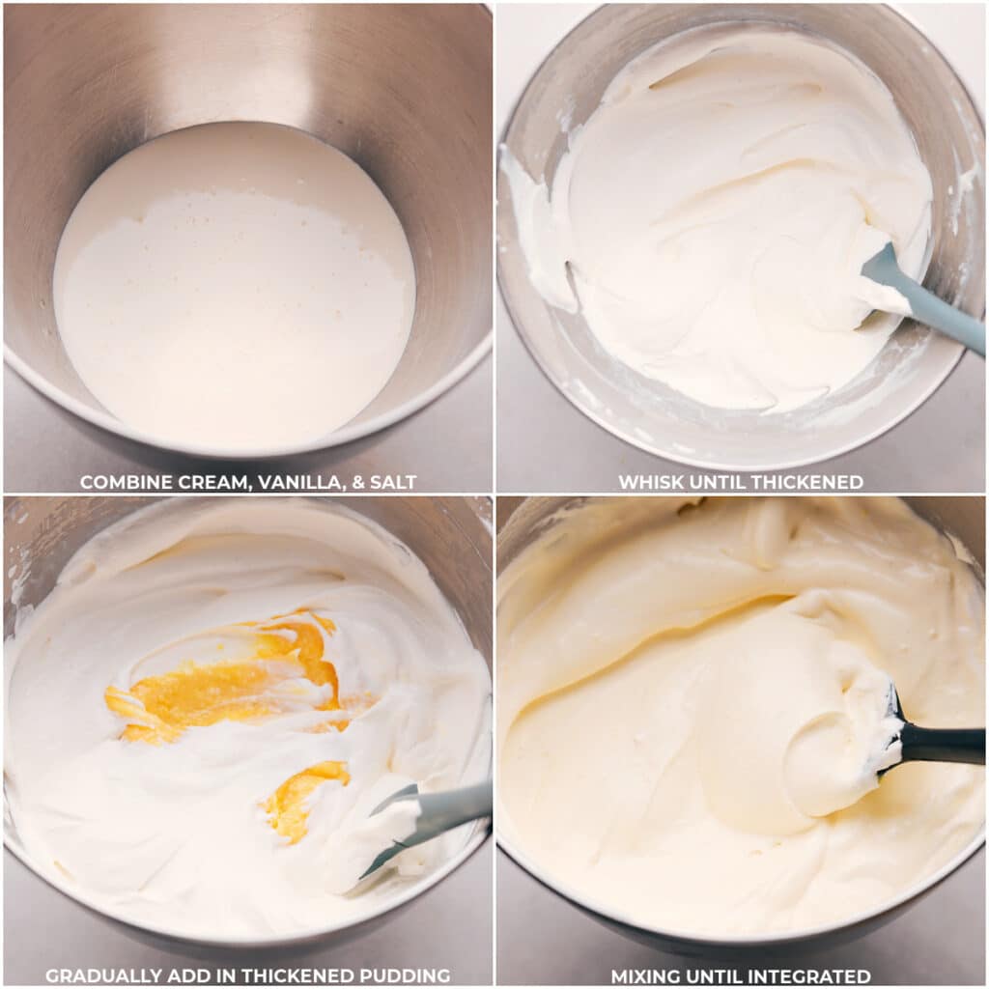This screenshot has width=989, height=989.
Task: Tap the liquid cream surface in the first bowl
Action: pyautogui.click(x=232, y=290)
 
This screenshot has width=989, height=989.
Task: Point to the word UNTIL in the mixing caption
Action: pyautogui.click(x=716, y=976)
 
